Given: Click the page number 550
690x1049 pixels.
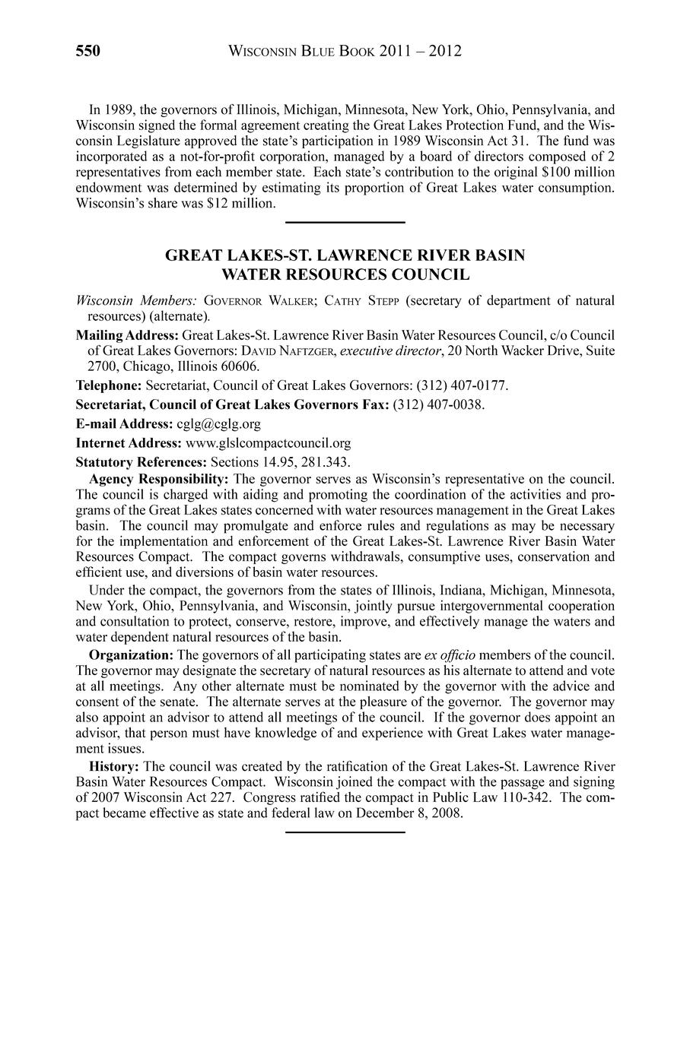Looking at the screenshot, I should tap(88, 51).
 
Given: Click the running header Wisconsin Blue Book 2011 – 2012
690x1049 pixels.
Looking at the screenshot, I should tap(345, 51).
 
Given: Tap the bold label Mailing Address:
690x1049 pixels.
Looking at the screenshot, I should tap(127, 335).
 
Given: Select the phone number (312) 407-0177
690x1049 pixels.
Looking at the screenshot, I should tap(462, 385).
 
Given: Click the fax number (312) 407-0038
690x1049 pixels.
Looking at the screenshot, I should tap(438, 404).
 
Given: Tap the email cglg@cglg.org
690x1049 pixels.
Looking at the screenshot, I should tap(218, 423).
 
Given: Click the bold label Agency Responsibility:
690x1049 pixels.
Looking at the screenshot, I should tap(159, 479).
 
